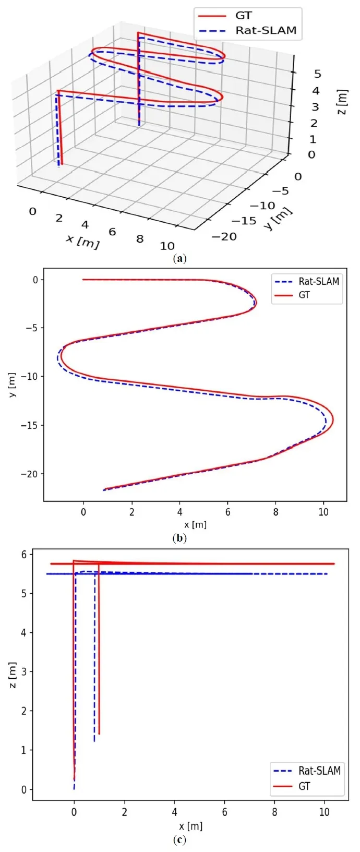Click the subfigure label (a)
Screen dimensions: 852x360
coord(179,258)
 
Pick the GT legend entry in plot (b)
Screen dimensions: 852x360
coord(304,295)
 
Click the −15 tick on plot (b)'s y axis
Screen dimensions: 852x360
coord(29,425)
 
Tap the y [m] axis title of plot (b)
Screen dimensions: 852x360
coord(11,385)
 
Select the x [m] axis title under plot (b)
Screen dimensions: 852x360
coord(195,524)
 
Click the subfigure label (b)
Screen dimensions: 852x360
coord(179,537)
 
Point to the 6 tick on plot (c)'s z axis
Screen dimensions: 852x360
coord(24,554)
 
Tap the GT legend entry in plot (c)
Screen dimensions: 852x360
coord(304,786)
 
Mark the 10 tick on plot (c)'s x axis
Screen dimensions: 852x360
coord(324,812)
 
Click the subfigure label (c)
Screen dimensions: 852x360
coord(179,839)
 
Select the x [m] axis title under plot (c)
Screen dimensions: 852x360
coord(190,826)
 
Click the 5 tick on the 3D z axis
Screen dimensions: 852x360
coord(317,74)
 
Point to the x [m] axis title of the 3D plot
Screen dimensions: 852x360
coord(82,241)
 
